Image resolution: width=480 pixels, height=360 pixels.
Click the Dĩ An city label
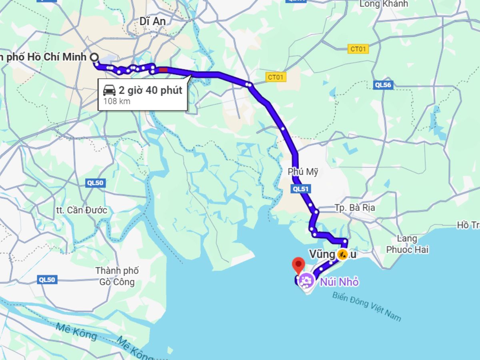point(152,21)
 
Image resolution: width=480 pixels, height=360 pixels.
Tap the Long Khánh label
point(384,4)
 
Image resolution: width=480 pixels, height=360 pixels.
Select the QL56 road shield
point(383,85)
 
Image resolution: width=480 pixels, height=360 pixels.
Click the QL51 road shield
point(301,189)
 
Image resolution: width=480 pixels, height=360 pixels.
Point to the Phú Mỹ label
point(303,172)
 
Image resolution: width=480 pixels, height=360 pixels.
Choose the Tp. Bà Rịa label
point(355,208)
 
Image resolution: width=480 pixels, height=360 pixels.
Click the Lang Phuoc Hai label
point(407,244)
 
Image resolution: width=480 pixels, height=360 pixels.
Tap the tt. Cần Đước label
point(82,210)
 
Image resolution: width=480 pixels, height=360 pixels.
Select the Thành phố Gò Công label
point(117,276)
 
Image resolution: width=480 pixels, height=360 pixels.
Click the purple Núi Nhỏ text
point(339,282)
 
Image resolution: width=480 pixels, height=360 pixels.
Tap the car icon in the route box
point(109,90)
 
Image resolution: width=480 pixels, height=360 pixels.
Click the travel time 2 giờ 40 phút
point(150,90)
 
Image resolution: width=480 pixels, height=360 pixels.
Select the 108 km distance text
point(117,101)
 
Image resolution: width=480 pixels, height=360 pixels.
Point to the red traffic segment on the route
point(163,70)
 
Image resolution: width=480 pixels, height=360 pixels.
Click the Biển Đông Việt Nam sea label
point(366,306)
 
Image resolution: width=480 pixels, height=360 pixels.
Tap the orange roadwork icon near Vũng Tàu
point(342,254)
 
